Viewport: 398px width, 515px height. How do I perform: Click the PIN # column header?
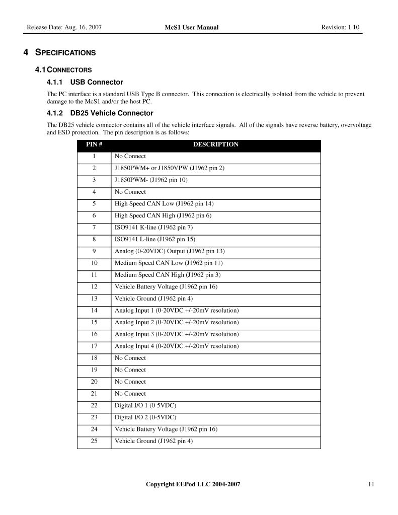(x=94, y=144)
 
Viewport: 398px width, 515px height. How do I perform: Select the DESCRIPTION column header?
(x=216, y=144)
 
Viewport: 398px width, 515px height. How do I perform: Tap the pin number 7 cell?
(x=94, y=228)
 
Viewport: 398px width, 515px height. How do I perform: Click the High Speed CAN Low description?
(x=161, y=204)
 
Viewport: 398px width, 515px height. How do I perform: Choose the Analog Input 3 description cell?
(x=177, y=334)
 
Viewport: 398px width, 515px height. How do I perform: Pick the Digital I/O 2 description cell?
(x=145, y=417)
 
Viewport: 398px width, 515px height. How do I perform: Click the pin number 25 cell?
(x=94, y=441)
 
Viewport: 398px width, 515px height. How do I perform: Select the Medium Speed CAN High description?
(x=168, y=275)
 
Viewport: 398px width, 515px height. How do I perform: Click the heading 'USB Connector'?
(x=97, y=82)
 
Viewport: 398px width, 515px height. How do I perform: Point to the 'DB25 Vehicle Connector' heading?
(x=112, y=113)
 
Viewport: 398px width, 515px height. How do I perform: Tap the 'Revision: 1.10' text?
(x=340, y=27)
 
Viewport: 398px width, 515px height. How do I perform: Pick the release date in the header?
(x=64, y=27)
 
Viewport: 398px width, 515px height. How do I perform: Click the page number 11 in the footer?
(x=371, y=484)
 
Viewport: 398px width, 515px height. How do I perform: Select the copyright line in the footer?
(x=193, y=484)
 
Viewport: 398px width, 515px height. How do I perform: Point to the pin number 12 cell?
(x=94, y=287)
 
